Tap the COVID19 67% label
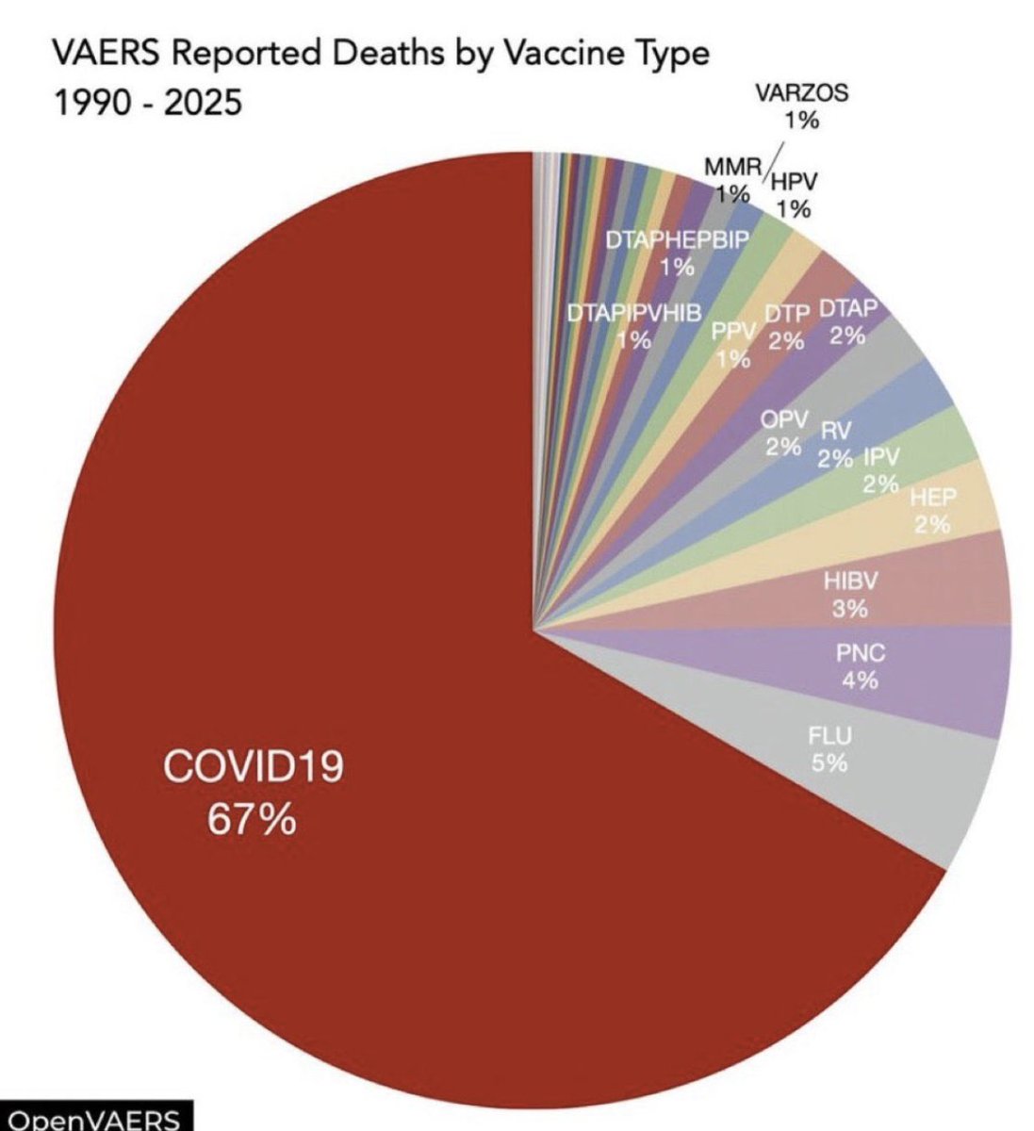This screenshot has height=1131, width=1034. [253, 793]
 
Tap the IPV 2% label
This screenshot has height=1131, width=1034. [881, 470]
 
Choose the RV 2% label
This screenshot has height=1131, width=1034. [835, 444]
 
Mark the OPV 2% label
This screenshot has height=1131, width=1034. [783, 433]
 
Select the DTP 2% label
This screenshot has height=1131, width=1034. [786, 326]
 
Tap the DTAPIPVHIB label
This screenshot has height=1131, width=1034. [634, 326]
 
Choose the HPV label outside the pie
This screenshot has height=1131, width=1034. [793, 194]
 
